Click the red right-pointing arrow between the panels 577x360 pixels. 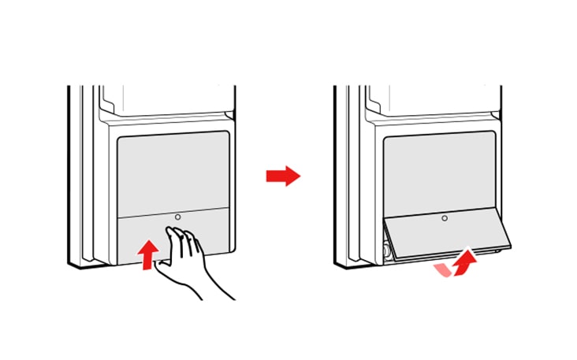coord(283,176)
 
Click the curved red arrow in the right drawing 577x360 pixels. coord(465,259)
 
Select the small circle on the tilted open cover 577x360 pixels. coord(445,217)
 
